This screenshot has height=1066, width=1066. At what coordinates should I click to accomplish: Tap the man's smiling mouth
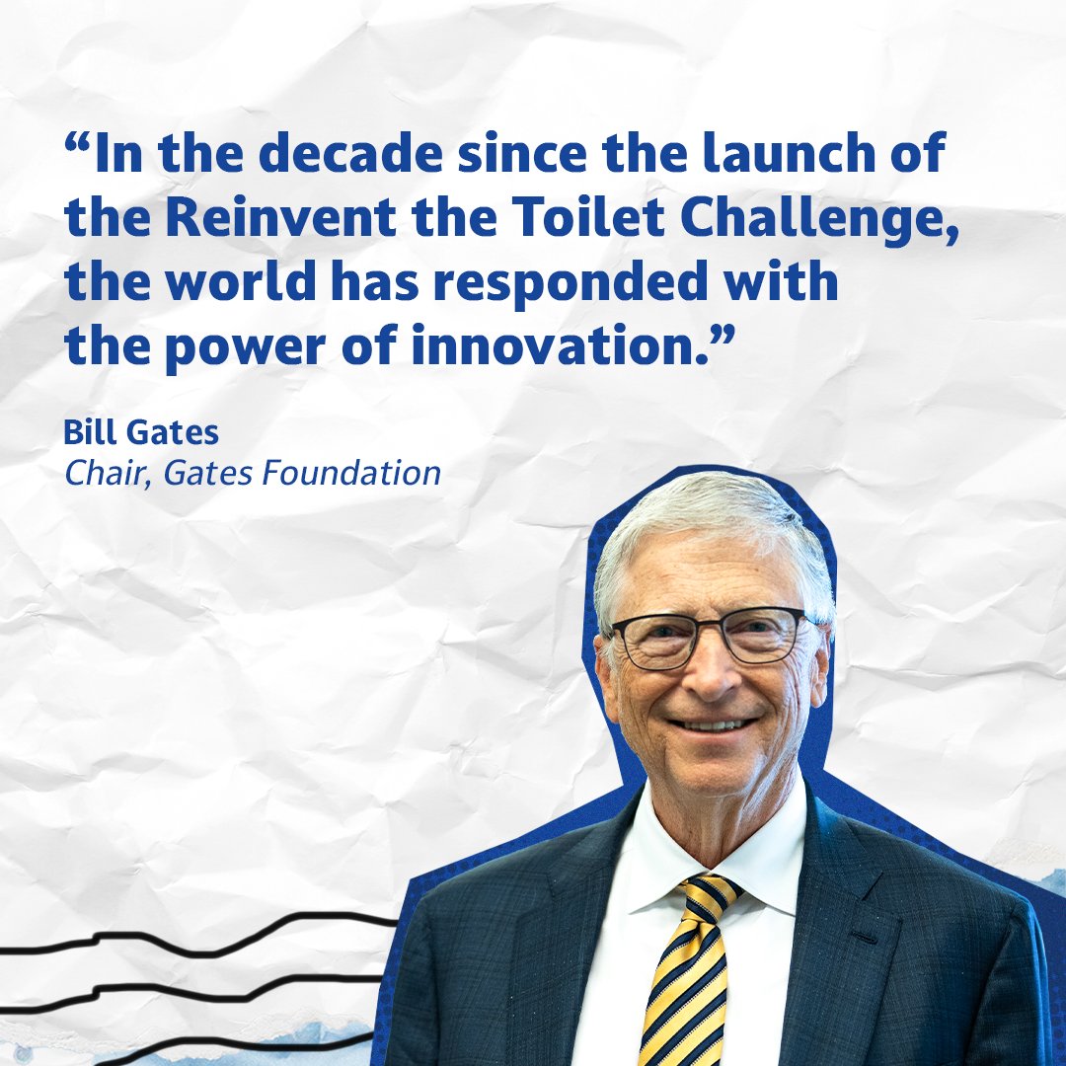click(723, 725)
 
